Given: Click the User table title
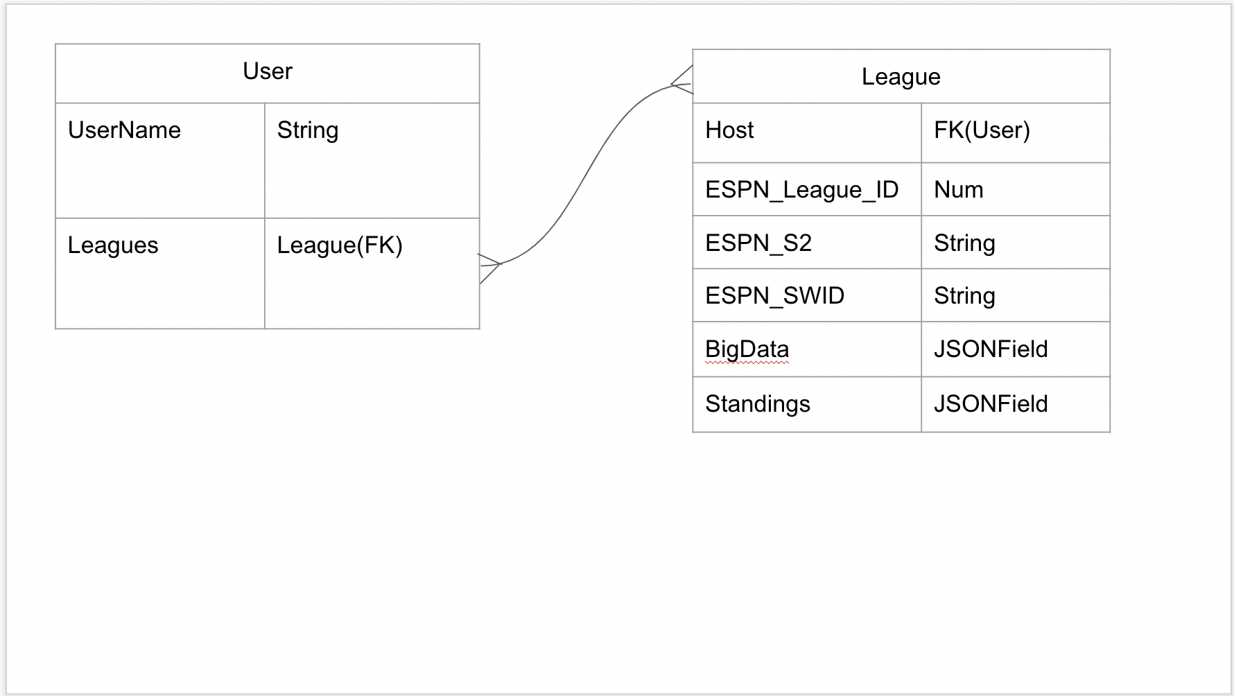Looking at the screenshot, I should coord(268,71).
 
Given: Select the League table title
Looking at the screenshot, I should coord(901,77).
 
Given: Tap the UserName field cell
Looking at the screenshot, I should coord(125,130).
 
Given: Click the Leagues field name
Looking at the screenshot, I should coord(113,245).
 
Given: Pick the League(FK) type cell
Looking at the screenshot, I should coord(340,245).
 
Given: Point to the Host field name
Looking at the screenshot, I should coord(729,130).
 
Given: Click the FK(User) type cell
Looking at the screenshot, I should coord(982,130).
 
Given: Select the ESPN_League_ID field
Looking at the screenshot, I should coord(801,190).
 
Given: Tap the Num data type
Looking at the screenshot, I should coord(958,190).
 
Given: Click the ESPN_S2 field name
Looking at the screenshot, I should coord(758,243).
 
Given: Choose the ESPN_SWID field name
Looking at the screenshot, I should coord(774,296).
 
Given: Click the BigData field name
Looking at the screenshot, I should coord(747,349).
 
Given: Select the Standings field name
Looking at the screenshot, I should coord(757,404).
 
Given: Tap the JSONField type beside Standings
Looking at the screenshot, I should coord(991,404).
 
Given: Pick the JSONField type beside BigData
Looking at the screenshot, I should coord(991,349).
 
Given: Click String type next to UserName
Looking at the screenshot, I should coord(308,130).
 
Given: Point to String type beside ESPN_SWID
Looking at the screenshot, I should coord(964,296).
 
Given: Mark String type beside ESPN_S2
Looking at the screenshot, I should coord(964,243).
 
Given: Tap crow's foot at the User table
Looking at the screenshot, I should coord(490,266).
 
